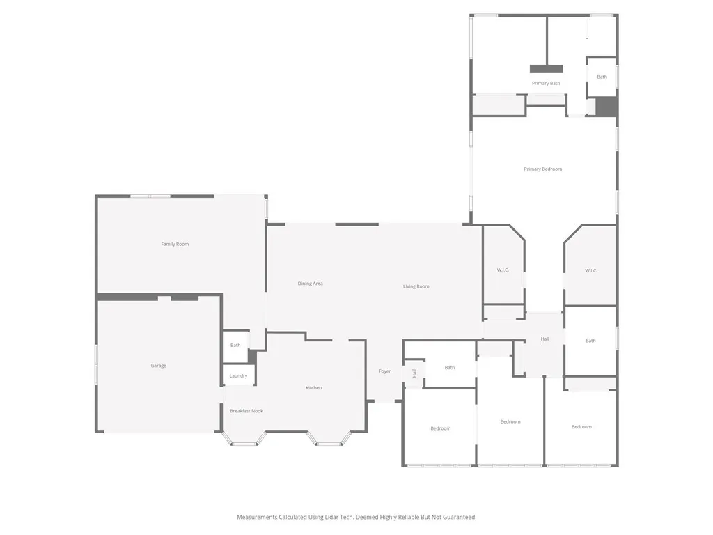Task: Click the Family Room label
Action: pos(175,244)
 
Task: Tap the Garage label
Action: pos(159,366)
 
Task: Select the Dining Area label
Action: pos(310,284)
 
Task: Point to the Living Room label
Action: pos(416,286)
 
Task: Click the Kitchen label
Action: pos(313,388)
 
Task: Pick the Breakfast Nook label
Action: pos(246,411)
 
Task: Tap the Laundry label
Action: pos(238,376)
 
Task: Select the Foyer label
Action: pos(384,371)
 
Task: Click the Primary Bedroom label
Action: pos(542,169)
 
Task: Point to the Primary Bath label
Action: pos(545,84)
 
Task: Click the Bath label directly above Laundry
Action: pos(235,345)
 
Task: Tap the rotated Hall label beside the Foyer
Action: pos(414,373)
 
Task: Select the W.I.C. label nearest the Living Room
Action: pos(503,270)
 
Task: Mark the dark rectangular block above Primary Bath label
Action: pos(546,69)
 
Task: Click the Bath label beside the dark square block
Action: pos(602,77)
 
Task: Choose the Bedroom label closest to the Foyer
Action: pos(440,428)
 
